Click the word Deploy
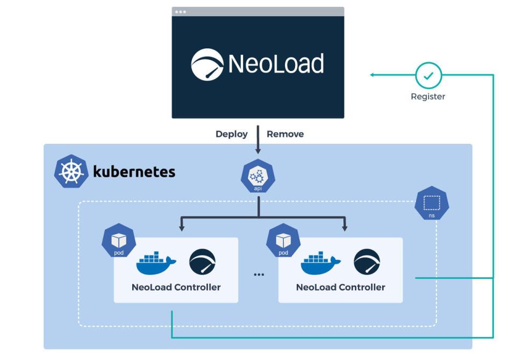pyautogui.click(x=232, y=134)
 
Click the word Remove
pyautogui.click(x=285, y=134)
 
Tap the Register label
pyautogui.click(x=428, y=97)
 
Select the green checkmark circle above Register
pyautogui.click(x=428, y=76)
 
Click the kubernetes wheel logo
pyautogui.click(x=71, y=171)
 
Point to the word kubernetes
pyautogui.click(x=134, y=172)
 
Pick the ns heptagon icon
pyautogui.click(x=432, y=204)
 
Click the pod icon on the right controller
pyautogui.click(x=283, y=240)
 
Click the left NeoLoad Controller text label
pyautogui.click(x=176, y=287)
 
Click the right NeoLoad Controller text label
pyautogui.click(x=340, y=287)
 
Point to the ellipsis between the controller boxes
pyautogui.click(x=259, y=275)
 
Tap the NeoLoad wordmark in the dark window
pyautogui.click(x=276, y=64)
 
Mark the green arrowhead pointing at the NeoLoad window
pyautogui.click(x=372, y=75)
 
